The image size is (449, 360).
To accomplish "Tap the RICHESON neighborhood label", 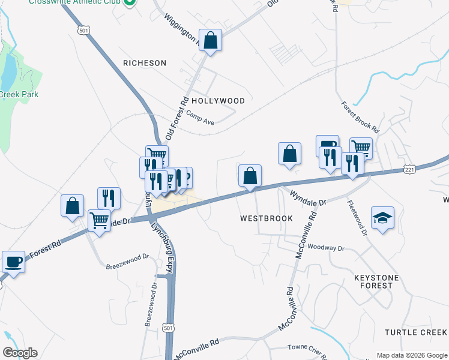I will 144,62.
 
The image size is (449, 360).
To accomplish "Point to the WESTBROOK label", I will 267,218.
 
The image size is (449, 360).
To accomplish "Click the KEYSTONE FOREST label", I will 382,281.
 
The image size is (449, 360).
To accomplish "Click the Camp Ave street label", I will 200,117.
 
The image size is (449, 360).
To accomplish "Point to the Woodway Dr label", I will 325,247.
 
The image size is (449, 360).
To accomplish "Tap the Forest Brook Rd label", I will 360,117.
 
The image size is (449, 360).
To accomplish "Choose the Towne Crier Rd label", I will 305,347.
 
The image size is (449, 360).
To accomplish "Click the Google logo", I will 20,353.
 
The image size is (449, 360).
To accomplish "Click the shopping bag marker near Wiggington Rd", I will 211,41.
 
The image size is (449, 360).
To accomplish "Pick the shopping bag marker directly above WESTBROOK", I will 250,176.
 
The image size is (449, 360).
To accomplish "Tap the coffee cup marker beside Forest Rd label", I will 13,262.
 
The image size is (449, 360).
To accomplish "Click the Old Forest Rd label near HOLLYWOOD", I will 178,118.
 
